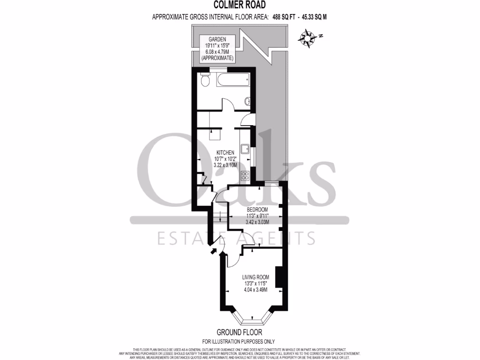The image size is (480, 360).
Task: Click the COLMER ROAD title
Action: click(240, 5)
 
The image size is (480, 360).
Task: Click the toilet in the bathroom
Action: click(205, 80)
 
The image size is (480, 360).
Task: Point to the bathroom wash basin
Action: click(247, 100)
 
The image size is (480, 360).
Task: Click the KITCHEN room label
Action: click(225, 153)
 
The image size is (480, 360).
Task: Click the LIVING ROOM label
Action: click(255, 277)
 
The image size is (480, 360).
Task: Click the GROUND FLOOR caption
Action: click(239, 332)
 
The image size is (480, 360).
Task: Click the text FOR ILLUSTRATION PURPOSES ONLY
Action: click(239, 341)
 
